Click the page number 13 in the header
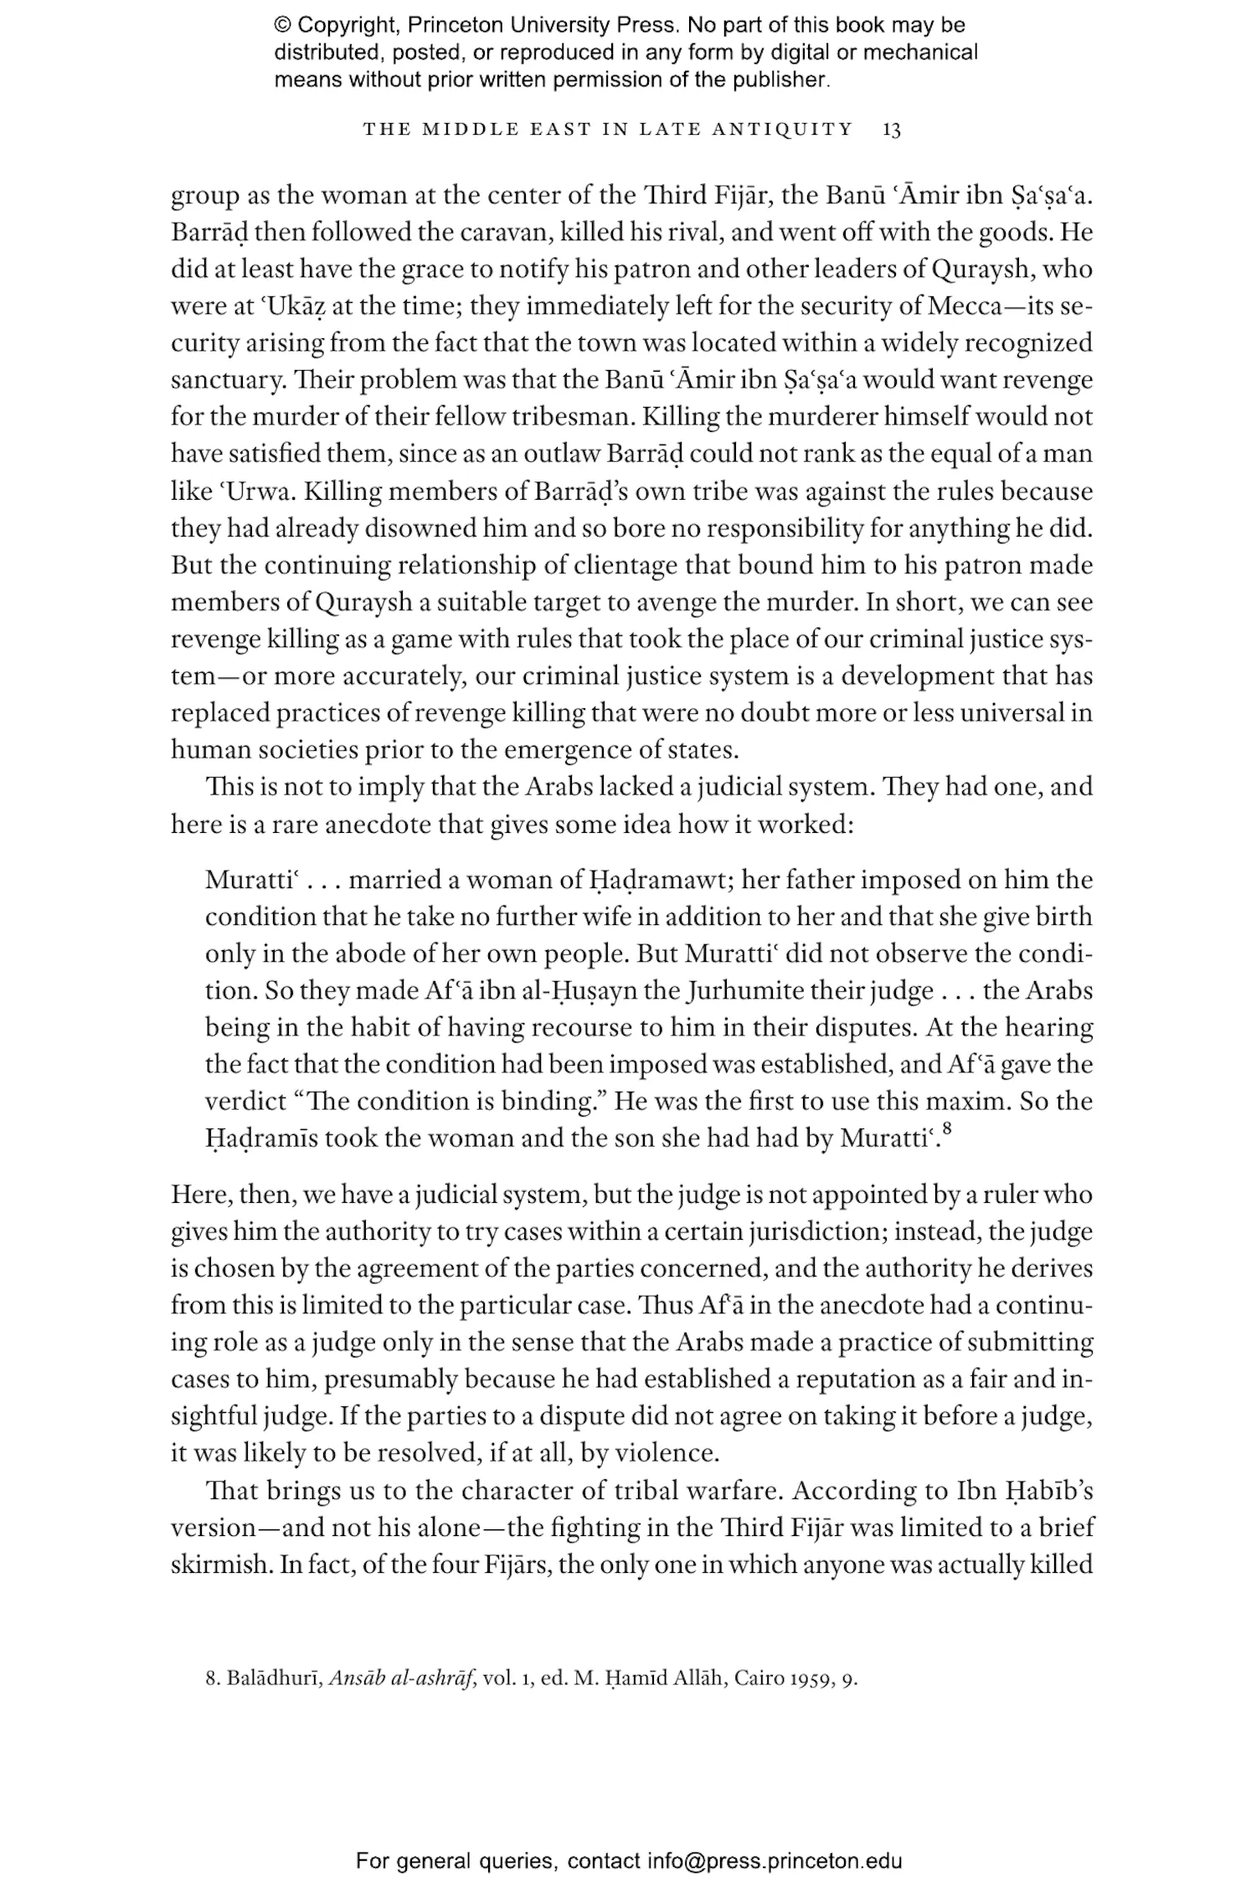[892, 130]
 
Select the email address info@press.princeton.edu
[775, 1862]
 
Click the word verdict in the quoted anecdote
[246, 1102]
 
